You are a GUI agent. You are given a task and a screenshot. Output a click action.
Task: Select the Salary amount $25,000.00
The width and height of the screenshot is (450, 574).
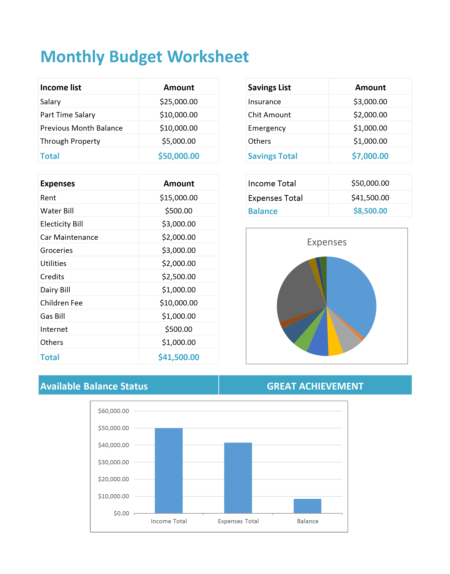click(179, 102)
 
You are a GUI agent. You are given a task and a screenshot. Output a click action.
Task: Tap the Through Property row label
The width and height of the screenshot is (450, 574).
click(70, 141)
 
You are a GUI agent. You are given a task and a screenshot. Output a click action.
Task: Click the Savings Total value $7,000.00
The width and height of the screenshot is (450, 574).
click(370, 156)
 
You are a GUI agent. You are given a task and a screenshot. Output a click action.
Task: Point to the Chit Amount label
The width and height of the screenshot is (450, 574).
click(269, 115)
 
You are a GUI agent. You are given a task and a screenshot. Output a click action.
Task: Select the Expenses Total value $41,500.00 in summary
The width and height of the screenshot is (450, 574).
click(370, 198)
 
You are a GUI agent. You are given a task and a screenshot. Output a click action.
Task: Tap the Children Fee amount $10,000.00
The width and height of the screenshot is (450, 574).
click(179, 303)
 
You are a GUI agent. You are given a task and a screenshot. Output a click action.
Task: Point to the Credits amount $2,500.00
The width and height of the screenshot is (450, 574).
click(179, 277)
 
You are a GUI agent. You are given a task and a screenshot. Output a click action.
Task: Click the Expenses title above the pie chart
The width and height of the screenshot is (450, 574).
click(327, 242)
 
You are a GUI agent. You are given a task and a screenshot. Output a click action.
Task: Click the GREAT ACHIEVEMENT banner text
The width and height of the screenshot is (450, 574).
click(315, 386)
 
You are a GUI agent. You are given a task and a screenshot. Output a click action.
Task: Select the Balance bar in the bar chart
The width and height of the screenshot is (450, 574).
click(308, 506)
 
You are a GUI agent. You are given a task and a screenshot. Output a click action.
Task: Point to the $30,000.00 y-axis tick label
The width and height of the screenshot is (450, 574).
click(113, 462)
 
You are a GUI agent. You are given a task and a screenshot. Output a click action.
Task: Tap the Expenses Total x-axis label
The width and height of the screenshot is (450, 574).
click(238, 521)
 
